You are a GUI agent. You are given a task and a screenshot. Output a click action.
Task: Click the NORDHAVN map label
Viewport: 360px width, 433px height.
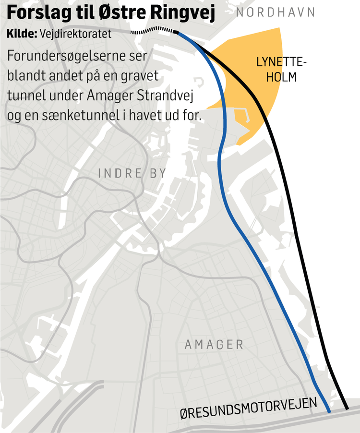(275, 12)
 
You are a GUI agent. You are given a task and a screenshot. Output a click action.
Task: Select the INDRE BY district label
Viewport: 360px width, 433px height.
(132, 173)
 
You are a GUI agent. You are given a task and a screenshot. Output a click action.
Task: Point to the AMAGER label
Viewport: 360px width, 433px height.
(214, 344)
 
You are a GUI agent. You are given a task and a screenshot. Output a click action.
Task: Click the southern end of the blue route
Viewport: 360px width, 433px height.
(329, 411)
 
